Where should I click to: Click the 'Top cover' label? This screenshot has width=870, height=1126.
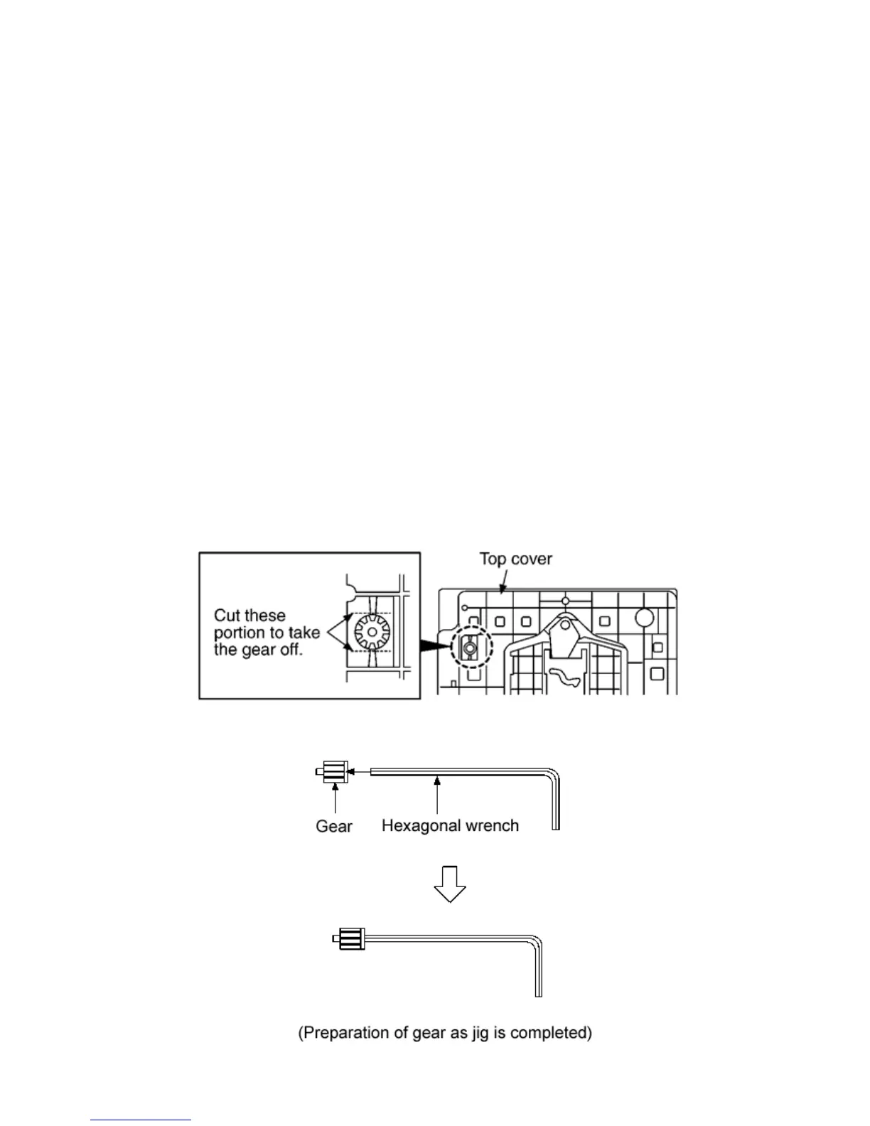click(x=515, y=559)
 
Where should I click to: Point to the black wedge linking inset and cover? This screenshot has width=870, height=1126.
click(x=434, y=646)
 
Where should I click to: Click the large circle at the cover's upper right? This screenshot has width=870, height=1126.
click(x=643, y=617)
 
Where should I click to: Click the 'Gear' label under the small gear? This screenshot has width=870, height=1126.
click(x=334, y=827)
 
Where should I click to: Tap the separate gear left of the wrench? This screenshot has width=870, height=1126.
click(x=333, y=771)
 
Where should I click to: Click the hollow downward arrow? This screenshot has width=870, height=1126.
click(x=450, y=883)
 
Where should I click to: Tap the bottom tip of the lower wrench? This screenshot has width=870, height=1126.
click(x=538, y=994)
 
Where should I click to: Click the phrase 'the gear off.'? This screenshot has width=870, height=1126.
click(x=258, y=650)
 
